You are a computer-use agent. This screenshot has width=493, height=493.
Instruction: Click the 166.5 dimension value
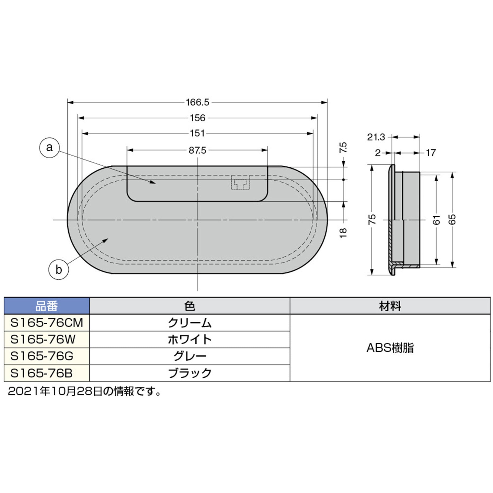197,102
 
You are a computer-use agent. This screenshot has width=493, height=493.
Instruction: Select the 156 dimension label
197,118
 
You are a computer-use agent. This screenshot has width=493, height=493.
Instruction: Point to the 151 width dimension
197,133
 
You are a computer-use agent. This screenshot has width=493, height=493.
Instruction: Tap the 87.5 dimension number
197,150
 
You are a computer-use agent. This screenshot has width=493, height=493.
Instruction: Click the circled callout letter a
49,148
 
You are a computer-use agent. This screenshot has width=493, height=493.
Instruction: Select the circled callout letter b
58,269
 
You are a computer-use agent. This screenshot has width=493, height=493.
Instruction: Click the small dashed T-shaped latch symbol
240,183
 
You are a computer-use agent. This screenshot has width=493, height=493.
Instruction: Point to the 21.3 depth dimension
376,137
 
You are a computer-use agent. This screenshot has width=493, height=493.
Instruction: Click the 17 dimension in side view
431,153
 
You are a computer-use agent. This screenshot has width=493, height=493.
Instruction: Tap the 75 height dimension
372,219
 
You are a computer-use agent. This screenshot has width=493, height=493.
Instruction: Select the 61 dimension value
436,220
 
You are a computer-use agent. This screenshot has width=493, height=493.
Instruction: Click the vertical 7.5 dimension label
343,148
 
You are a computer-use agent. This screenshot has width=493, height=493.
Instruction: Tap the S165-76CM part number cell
46,323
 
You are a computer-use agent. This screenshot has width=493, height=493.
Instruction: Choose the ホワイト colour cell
189,339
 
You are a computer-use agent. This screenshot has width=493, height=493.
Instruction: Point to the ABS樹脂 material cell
390,348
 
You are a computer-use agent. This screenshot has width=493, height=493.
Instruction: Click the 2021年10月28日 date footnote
84,391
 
